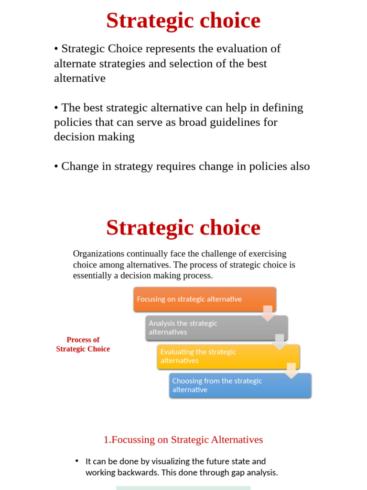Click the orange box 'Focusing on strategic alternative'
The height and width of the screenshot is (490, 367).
(x=205, y=299)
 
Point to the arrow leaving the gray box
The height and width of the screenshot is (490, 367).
(x=280, y=342)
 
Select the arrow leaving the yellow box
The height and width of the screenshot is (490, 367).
(x=291, y=370)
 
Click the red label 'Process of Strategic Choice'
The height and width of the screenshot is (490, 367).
(x=83, y=345)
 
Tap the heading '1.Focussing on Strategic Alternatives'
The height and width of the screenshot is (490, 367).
(x=183, y=439)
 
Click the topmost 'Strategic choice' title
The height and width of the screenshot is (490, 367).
(x=183, y=21)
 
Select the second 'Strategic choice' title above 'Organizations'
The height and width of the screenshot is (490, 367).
(x=183, y=228)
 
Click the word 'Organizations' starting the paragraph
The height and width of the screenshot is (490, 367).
(x=98, y=254)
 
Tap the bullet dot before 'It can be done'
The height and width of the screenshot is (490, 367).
(x=76, y=461)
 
